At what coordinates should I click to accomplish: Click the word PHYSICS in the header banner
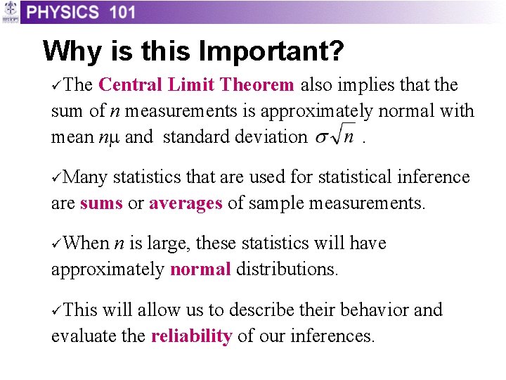pyautogui.click(x=63, y=12)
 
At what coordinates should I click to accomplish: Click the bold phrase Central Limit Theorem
pyautogui.click(x=196, y=85)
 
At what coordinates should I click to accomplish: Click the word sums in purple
pyautogui.click(x=101, y=203)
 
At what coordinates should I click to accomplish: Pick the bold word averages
pyautogui.click(x=186, y=203)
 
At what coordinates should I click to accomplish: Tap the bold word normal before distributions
pyautogui.click(x=200, y=270)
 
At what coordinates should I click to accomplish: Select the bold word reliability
pyautogui.click(x=191, y=336)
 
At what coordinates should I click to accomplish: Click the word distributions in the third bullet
pyautogui.click(x=287, y=270)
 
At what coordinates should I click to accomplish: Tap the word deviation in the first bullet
pyautogui.click(x=271, y=137)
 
